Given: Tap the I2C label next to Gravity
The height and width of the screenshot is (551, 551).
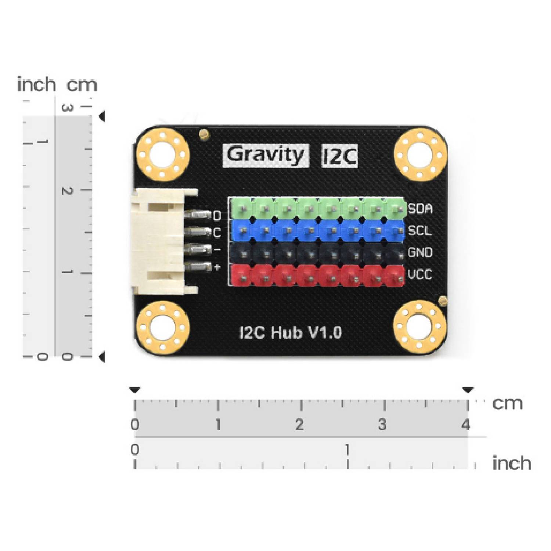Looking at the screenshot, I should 339,156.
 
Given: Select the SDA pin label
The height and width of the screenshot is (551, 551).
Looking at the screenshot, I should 420,209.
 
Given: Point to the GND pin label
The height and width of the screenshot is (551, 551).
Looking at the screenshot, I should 420,253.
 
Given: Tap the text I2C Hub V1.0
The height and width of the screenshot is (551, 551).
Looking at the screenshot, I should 290,333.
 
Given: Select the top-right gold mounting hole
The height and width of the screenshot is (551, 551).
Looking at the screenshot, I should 421,154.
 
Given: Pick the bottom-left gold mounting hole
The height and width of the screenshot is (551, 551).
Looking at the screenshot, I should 163,327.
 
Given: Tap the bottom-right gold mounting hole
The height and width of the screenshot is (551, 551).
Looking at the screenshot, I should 420,326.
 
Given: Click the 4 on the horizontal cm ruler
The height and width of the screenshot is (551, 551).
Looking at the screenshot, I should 466,425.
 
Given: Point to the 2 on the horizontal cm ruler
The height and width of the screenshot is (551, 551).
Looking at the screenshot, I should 300,425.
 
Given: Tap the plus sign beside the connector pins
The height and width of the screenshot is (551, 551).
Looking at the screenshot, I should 217,267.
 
